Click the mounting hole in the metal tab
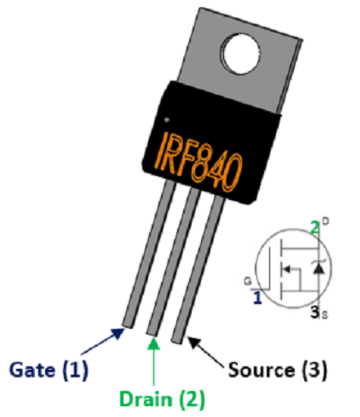click(241, 54)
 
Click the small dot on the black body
click(167, 120)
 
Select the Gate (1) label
click(49, 370)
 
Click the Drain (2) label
click(162, 400)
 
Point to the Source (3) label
click(278, 370)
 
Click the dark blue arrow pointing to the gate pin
click(102, 342)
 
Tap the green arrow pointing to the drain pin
click(154, 361)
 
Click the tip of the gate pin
click(127, 325)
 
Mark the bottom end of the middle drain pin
click(152, 333)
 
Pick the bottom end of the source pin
click(177, 340)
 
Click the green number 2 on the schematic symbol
click(315, 228)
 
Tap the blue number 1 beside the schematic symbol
click(258, 298)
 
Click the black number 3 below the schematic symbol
click(315, 312)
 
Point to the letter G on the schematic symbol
click(248, 282)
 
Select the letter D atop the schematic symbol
click(326, 221)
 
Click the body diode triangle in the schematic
click(318, 269)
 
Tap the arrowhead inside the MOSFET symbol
click(286, 269)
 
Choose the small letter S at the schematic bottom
click(325, 315)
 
